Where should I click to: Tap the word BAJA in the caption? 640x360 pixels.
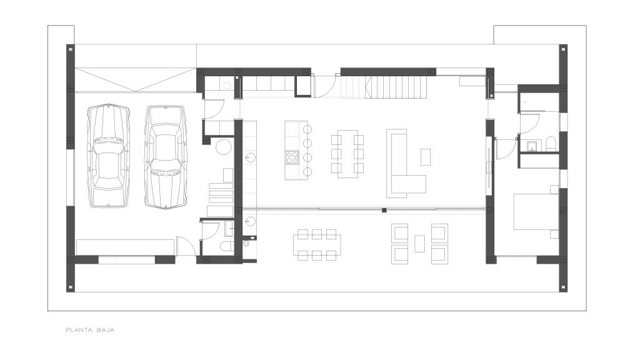click(106, 330)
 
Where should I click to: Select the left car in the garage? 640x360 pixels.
click(108, 156)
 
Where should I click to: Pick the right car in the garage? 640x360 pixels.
click(166, 157)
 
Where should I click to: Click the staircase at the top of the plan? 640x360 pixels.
click(384, 87)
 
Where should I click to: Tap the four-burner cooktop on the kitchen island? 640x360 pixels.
click(292, 157)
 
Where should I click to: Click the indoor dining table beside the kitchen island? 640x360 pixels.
click(347, 154)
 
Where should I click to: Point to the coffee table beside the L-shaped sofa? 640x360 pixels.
click(425, 157)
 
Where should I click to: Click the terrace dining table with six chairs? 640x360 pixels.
click(317, 245)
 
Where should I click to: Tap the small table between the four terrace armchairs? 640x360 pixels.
click(419, 244)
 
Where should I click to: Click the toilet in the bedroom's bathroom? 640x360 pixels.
click(551, 144)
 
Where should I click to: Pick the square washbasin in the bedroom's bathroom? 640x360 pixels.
click(532, 146)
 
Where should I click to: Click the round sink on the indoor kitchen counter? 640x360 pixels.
click(250, 157)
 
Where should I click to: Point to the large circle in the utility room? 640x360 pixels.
click(224, 147)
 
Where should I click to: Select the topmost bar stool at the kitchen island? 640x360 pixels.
click(307, 129)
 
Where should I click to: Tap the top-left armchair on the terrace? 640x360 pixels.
click(399, 232)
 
